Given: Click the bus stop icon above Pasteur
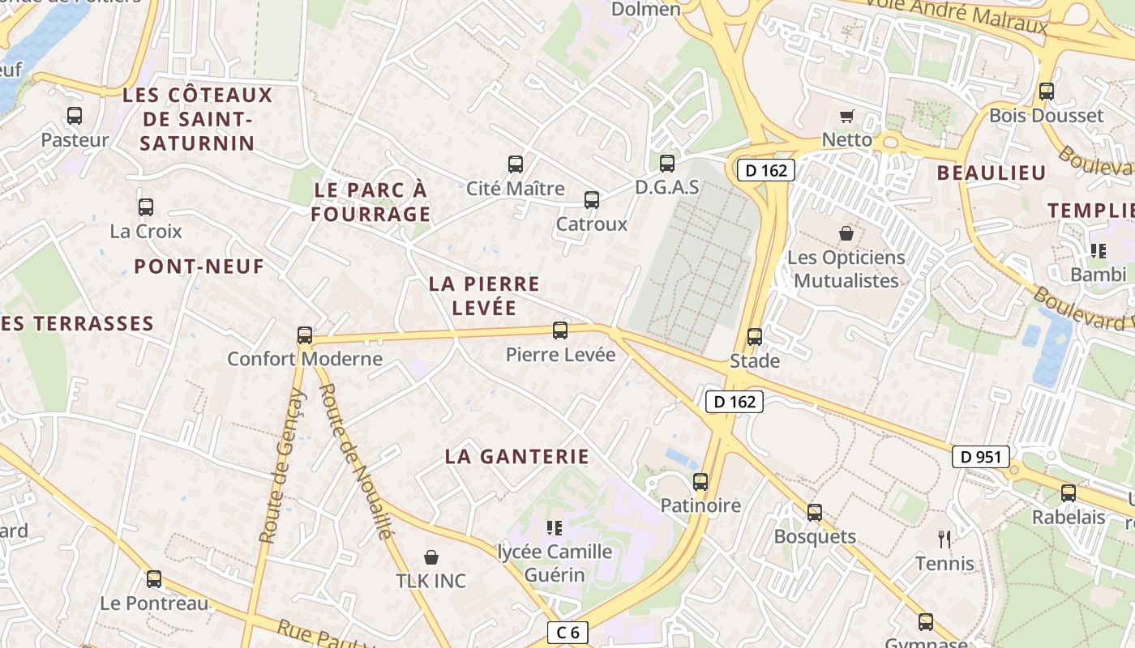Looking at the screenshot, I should pyautogui.click(x=75, y=116).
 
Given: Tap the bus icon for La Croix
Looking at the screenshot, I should pyautogui.click(x=146, y=207).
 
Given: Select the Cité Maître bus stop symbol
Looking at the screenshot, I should pyautogui.click(x=516, y=164).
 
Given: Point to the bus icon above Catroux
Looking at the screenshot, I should pyautogui.click(x=592, y=200).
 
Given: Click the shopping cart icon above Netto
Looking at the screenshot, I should pyautogui.click(x=847, y=116).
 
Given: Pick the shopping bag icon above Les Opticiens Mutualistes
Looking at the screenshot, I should pyautogui.click(x=846, y=233).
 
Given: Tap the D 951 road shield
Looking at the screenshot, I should pyautogui.click(x=981, y=457).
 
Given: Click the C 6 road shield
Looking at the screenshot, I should pyautogui.click(x=567, y=633).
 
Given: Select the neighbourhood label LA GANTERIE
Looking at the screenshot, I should pyautogui.click(x=516, y=457).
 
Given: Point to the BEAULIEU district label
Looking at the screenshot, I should pyautogui.click(x=992, y=173).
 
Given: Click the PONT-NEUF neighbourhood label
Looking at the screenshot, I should pyautogui.click(x=199, y=266).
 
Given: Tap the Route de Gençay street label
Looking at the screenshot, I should pyautogui.click(x=282, y=466).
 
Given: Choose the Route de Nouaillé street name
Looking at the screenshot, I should pyautogui.click(x=355, y=460).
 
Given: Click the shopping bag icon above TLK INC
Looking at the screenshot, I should pyautogui.click(x=431, y=557).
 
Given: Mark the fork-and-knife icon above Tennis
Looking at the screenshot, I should pyautogui.click(x=944, y=539).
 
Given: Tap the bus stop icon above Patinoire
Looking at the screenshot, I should pyautogui.click(x=700, y=482).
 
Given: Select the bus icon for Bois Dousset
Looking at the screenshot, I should pyautogui.click(x=1047, y=92).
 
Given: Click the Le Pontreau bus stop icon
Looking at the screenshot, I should pyautogui.click(x=154, y=579).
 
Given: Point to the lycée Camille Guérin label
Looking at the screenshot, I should pyautogui.click(x=555, y=563).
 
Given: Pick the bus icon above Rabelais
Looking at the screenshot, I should pyautogui.click(x=1069, y=492).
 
